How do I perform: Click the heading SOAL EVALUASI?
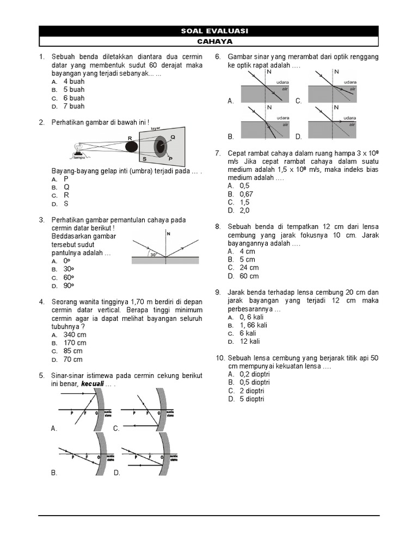pyautogui.click(x=209, y=31)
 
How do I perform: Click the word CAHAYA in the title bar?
pyautogui.click(x=209, y=41)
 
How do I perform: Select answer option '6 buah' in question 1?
pyautogui.click(x=73, y=98)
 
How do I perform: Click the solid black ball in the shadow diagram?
pyautogui.click(x=131, y=146)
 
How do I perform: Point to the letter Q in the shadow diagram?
pyautogui.click(x=173, y=137)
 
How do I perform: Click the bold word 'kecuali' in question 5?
pyautogui.click(x=93, y=384)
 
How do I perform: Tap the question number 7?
pyautogui.click(x=218, y=153)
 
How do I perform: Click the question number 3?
pyautogui.click(x=41, y=220)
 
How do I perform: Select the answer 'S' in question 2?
pyautogui.click(x=66, y=204)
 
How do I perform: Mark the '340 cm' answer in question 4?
pyautogui.click(x=75, y=335)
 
